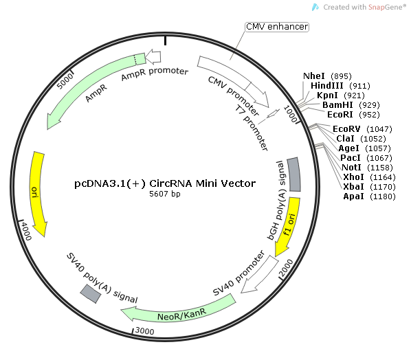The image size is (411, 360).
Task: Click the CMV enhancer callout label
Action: tap(277, 27)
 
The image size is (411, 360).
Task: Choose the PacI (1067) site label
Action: tap(355, 157)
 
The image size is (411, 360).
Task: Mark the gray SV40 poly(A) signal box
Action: tap(91, 293)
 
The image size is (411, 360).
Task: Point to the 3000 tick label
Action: tap(144, 331)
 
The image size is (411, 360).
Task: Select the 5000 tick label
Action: tap(66, 81)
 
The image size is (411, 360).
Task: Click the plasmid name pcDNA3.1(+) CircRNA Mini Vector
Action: tap(165, 183)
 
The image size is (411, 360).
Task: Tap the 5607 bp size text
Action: tap(165, 194)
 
